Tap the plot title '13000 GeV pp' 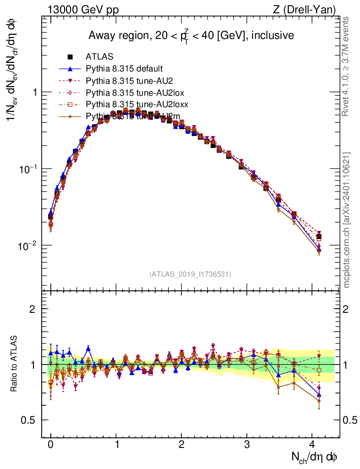(x=83, y=10)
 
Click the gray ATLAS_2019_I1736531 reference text (x=190, y=274)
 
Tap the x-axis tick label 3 (x=247, y=444)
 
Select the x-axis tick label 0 (x=50, y=444)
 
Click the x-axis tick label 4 (x=312, y=444)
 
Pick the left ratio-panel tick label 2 (x=33, y=309)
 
